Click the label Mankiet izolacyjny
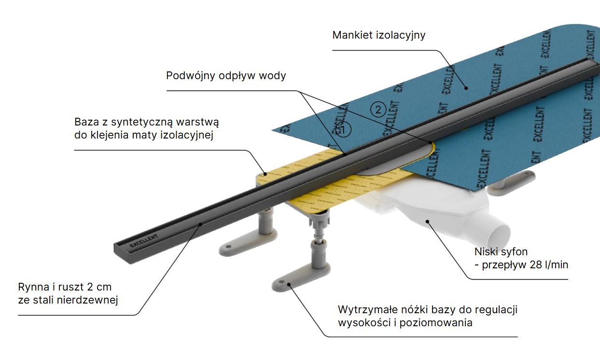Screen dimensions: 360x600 [378, 35]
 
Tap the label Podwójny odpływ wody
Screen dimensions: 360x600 [226, 76]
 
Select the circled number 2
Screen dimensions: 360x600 [378, 110]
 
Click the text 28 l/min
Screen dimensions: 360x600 [551, 265]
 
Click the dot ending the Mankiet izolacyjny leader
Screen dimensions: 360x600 [467, 88]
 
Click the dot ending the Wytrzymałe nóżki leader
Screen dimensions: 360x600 [291, 285]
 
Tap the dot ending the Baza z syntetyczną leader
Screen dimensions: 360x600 [265, 172]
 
